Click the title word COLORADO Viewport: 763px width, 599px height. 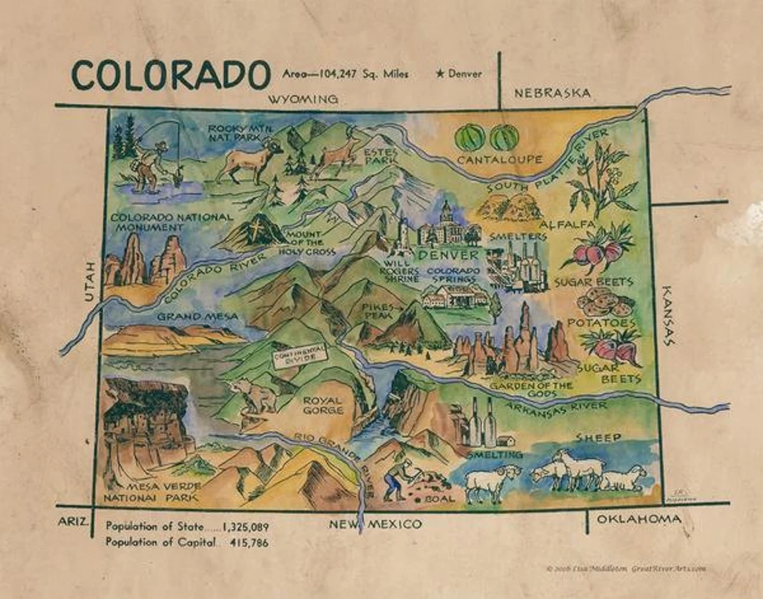(170, 75)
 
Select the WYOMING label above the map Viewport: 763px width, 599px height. (303, 100)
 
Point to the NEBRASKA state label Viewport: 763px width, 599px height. (552, 93)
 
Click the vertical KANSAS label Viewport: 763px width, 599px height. (667, 315)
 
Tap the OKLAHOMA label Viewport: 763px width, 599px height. (639, 520)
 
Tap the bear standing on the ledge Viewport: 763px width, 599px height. (256, 396)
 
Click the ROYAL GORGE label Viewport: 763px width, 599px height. (323, 405)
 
